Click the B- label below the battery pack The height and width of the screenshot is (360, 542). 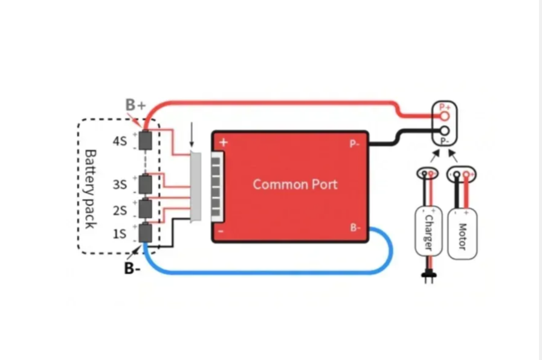pyautogui.click(x=132, y=268)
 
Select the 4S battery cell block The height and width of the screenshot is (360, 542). pyautogui.click(x=146, y=140)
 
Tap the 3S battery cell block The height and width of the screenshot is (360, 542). pyautogui.click(x=146, y=183)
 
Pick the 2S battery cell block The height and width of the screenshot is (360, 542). pyautogui.click(x=146, y=208)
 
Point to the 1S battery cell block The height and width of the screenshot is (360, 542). pyautogui.click(x=146, y=233)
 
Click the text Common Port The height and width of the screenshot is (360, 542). pyautogui.click(x=295, y=184)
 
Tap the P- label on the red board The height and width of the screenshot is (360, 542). pyautogui.click(x=355, y=144)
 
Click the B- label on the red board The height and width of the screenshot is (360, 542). pyautogui.click(x=355, y=228)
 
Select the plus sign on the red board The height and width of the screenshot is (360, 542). pyautogui.click(x=224, y=143)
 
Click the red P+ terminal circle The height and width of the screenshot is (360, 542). pyautogui.click(x=445, y=115)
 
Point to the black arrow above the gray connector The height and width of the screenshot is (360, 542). pyautogui.click(x=192, y=135)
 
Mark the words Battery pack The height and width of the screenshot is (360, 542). pyautogui.click(x=89, y=189)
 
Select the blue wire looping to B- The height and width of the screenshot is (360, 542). pyautogui.click(x=272, y=272)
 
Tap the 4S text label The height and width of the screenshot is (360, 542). pyautogui.click(x=119, y=141)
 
